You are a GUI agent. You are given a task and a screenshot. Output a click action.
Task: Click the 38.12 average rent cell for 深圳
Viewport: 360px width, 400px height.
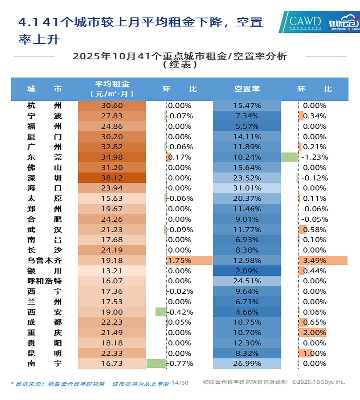112,178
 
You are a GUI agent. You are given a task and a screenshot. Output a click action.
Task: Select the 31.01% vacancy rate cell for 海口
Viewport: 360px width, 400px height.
247,188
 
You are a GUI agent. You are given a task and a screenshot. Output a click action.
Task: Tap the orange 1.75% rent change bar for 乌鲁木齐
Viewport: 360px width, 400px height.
189,260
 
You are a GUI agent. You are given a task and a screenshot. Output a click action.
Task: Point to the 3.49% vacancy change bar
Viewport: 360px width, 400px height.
323,260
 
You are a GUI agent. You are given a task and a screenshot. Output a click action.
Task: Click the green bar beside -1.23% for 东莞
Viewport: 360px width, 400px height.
289,157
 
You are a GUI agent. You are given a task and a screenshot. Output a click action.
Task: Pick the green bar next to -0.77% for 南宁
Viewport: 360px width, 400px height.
156,363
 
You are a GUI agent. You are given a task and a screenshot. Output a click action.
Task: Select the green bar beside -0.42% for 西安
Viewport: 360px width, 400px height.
161,312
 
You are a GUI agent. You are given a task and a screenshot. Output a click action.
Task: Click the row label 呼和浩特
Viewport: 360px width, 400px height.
45,281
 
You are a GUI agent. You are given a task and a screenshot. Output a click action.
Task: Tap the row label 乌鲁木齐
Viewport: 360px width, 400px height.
45,260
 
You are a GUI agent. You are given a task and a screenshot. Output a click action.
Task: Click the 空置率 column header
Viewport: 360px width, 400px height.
247,89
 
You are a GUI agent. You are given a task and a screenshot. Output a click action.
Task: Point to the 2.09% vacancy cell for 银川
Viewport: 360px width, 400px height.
247,271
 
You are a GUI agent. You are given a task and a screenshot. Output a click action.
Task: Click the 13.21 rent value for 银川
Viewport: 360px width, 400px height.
112,271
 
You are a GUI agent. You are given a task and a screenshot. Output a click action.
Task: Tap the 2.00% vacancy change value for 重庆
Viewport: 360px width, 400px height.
314,333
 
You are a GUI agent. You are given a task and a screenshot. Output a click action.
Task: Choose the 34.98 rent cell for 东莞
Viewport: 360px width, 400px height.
112,157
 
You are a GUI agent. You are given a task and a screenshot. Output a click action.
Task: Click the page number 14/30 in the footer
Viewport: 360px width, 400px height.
180,383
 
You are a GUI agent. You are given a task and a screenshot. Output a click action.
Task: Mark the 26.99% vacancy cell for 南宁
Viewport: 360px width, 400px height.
247,363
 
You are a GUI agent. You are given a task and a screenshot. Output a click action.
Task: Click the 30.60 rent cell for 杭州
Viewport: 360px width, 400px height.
112,106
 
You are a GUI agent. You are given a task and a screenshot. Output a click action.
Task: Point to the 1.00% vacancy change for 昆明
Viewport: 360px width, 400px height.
314,353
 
